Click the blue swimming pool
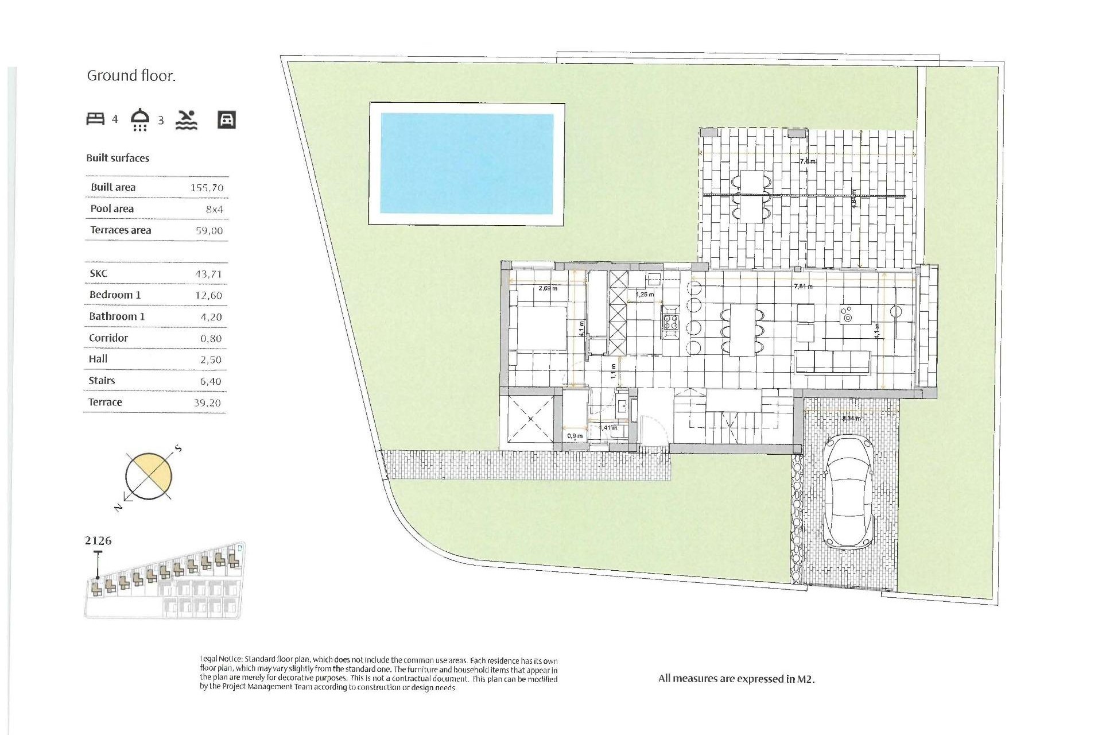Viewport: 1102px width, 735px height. tap(467, 164)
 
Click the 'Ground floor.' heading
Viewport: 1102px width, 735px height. tap(131, 76)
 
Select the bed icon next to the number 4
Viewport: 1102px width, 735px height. tap(95, 119)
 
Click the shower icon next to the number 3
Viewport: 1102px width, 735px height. tap(140, 119)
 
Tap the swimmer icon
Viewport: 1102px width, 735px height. tap(187, 119)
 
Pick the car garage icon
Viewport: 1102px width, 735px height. tap(227, 119)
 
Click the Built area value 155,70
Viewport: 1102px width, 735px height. tap(207, 188)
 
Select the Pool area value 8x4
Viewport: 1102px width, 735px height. tap(214, 210)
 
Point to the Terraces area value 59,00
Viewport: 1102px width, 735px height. tap(209, 231)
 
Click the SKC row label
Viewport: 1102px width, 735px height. tap(98, 273)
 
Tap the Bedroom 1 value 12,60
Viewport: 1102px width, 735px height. tap(208, 296)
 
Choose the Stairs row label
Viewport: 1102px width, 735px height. tap(102, 381)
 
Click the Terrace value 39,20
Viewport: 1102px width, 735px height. tap(207, 403)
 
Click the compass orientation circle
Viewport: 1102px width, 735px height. tap(148, 476)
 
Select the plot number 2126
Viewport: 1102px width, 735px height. tap(98, 540)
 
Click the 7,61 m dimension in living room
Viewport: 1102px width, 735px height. tap(802, 286)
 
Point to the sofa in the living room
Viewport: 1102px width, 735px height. tap(832, 362)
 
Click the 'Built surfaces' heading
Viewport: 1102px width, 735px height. tap(118, 158)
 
